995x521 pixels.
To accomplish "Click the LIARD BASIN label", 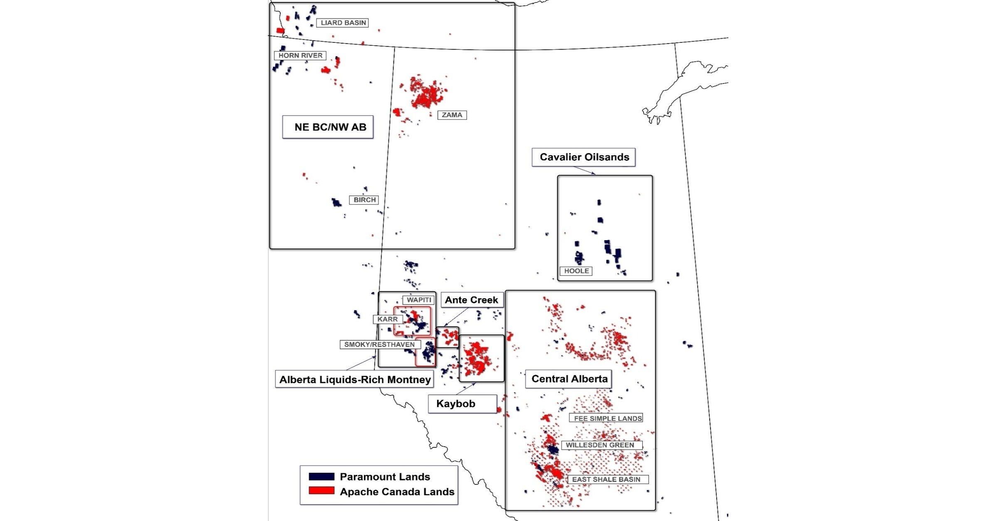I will [x=343, y=23].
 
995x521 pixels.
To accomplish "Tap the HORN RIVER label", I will [x=300, y=56].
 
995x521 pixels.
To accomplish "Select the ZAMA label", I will [x=452, y=115].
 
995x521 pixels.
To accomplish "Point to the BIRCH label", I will [x=364, y=200].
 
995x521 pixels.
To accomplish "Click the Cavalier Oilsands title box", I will [x=584, y=157].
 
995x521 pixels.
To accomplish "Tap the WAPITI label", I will [x=418, y=300].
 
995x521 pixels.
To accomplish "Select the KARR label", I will [x=388, y=319].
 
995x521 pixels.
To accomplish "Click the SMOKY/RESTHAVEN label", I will [x=380, y=344].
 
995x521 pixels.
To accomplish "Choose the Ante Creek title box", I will [x=472, y=300].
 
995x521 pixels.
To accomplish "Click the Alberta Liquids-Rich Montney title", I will [x=354, y=380].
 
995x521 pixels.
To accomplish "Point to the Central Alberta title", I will [x=569, y=379].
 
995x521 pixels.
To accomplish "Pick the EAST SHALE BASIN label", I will [x=607, y=479].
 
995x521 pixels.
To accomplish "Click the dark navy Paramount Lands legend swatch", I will [x=322, y=477].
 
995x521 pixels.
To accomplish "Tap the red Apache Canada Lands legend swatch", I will [x=322, y=491].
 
